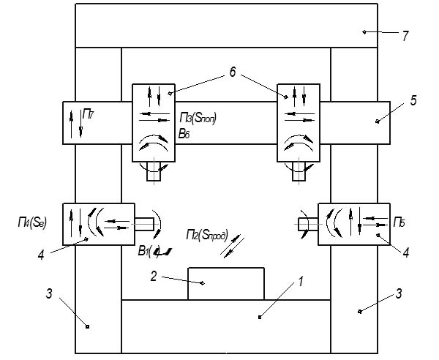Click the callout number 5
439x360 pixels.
(413, 100)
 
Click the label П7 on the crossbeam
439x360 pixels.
(88, 113)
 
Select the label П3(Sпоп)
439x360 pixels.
(198, 117)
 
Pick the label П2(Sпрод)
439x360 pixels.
(206, 236)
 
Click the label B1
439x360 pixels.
(146, 252)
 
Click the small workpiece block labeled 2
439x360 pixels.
(226, 284)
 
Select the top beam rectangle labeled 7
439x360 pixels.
(227, 26)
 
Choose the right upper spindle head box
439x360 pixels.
(298, 122)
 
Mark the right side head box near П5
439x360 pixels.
(348, 223)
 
